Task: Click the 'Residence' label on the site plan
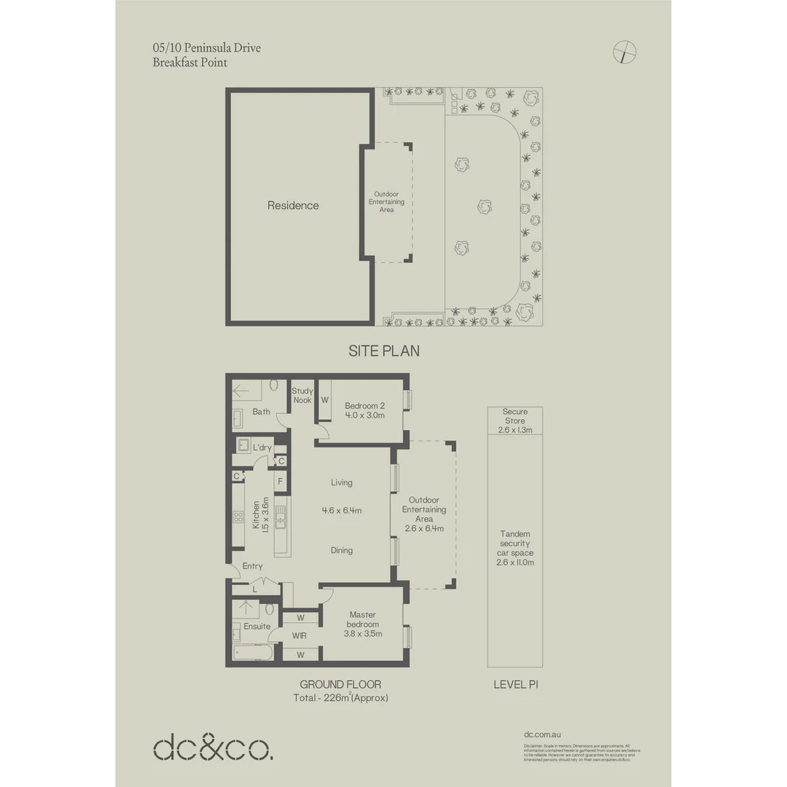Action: (293, 205)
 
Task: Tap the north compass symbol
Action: (625, 52)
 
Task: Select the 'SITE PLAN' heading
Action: (384, 351)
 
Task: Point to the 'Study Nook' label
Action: (302, 396)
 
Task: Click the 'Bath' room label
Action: (261, 412)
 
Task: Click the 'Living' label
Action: (341, 482)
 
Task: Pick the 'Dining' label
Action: (341, 550)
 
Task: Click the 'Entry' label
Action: (252, 566)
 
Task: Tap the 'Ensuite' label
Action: (257, 626)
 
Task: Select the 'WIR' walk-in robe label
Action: (299, 635)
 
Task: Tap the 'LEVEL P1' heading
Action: (514, 684)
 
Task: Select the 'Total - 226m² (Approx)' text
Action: (340, 698)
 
